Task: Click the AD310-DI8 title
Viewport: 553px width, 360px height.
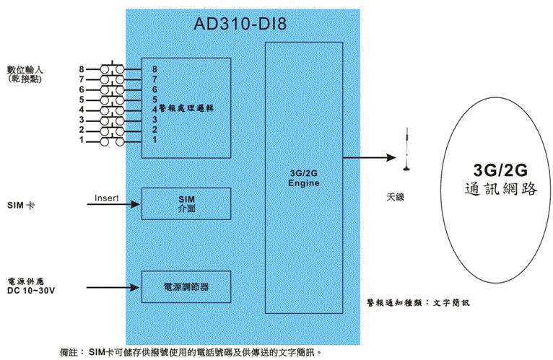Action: (x=240, y=24)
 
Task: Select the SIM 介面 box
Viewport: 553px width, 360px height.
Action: (x=186, y=203)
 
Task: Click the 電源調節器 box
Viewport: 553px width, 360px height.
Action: (x=186, y=286)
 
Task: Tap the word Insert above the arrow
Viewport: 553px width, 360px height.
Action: (x=106, y=197)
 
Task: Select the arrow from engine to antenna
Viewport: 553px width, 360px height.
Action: (x=368, y=157)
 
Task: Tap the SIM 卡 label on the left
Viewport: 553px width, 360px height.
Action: (x=21, y=206)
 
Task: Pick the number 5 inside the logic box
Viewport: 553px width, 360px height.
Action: (x=154, y=99)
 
